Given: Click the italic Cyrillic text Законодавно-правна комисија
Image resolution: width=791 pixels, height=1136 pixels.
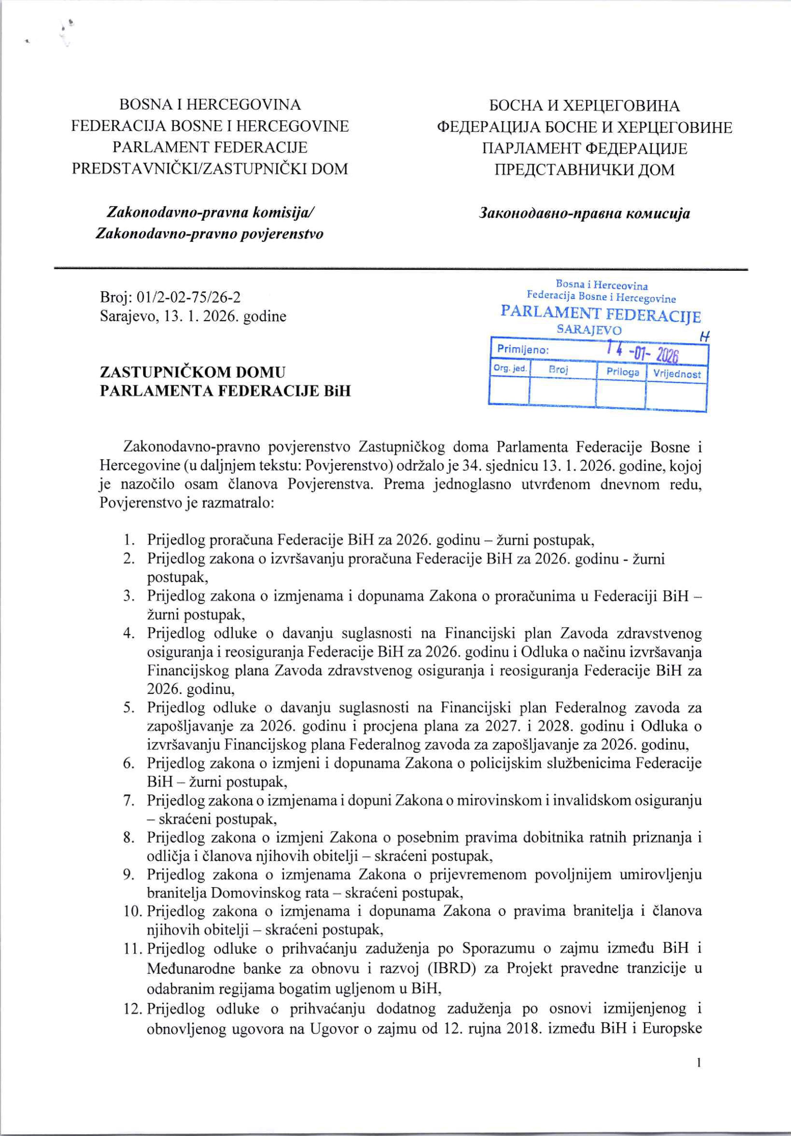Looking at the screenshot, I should click(585, 213).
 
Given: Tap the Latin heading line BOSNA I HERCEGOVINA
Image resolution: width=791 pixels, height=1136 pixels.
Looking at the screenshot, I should click(210, 105).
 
